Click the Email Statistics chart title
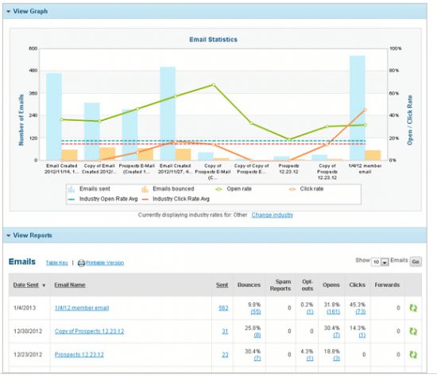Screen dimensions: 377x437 pyautogui.click(x=214, y=39)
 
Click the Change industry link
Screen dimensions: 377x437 pyautogui.click(x=273, y=215)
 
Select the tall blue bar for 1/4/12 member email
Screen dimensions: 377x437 pyautogui.click(x=358, y=107)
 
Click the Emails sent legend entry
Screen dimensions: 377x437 pyautogui.click(x=93, y=188)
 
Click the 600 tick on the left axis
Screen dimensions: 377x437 pyautogui.click(x=33, y=49)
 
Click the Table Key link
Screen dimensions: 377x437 pyautogui.click(x=56, y=262)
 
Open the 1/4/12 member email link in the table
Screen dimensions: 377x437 pyautogui.click(x=82, y=307)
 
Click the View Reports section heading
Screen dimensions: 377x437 pyautogui.click(x=34, y=235)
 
